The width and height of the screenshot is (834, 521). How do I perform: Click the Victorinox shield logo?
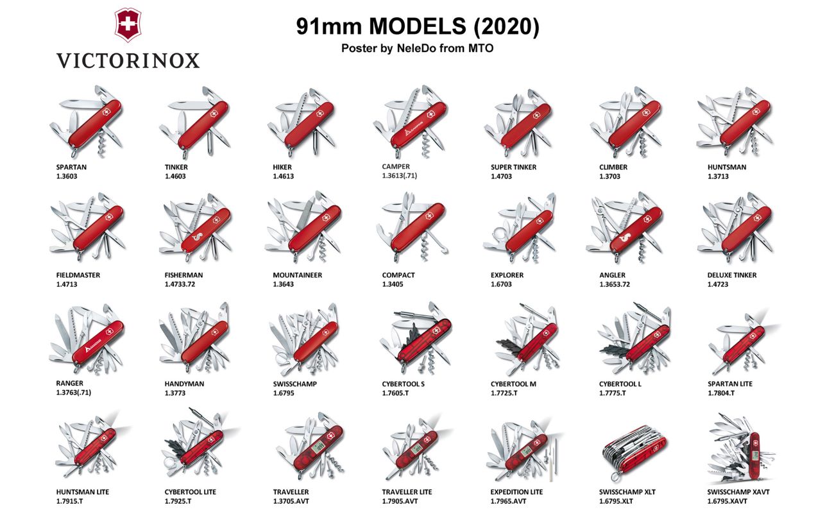tap(128, 24)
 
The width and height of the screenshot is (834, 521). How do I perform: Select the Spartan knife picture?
tap(86, 121)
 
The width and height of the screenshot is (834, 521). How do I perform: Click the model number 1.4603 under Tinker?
tap(175, 176)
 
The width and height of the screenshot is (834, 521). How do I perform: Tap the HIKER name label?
tap(282, 167)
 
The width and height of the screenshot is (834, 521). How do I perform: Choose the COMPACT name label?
tap(398, 275)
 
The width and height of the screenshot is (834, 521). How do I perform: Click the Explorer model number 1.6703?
tap(501, 284)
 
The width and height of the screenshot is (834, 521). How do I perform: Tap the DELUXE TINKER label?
tap(731, 275)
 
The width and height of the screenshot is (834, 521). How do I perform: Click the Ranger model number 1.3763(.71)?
tap(73, 392)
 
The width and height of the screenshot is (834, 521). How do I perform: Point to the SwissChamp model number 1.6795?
tap(284, 393)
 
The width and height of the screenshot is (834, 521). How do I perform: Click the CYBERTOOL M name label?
tap(513, 384)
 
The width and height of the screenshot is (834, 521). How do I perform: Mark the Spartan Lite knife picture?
tap(743, 342)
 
